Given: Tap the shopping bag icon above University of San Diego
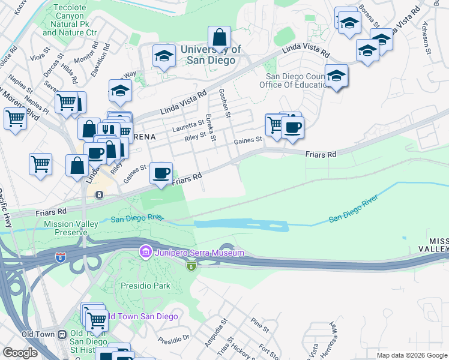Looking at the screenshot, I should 220,37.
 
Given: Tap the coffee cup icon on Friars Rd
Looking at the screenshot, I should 160,173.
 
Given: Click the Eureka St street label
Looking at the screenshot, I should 210,128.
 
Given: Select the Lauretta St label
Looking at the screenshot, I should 188,125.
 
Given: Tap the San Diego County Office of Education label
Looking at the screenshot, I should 297,80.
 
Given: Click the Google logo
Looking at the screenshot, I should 20,353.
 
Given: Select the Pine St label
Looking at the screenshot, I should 260,325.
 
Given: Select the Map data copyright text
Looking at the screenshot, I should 412,355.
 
